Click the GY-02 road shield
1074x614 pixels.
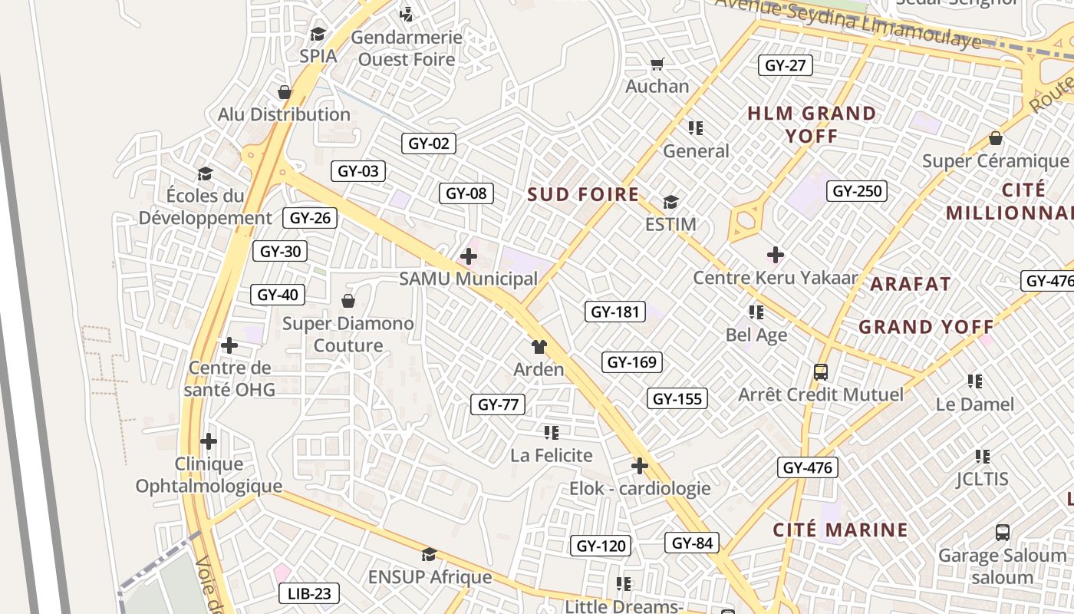[x=428, y=144]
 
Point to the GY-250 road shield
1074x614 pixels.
[x=856, y=191]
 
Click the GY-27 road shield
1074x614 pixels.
[x=785, y=65]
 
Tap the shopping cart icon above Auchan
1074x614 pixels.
[x=657, y=64]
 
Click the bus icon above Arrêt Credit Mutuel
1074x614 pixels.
[x=820, y=372]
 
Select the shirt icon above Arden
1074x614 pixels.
[x=539, y=347]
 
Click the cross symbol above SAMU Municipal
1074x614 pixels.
[x=468, y=256]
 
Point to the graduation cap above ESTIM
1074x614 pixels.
[x=670, y=203]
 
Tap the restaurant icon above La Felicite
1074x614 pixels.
[x=551, y=433]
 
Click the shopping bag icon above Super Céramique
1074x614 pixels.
[x=995, y=138]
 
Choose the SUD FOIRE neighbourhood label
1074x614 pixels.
[x=583, y=195]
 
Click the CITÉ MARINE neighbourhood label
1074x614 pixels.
[x=840, y=530]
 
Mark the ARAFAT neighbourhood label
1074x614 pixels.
[x=911, y=284]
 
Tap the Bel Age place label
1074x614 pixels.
[x=756, y=335]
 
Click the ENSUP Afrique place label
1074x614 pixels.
[x=430, y=577]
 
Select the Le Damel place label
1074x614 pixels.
[x=974, y=404]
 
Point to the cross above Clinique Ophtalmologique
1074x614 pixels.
[x=208, y=441]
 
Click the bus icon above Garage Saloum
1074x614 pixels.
[x=1002, y=532]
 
